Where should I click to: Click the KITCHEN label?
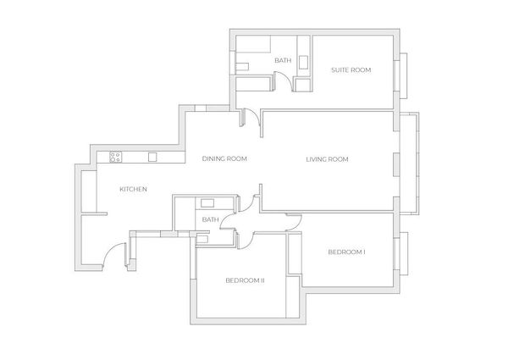coord(133,189)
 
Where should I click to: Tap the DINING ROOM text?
coord(224,159)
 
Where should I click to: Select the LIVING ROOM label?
coord(327,159)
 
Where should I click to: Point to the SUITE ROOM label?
coord(351,69)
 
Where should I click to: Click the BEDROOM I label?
coord(346,252)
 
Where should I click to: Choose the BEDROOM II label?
coord(246,280)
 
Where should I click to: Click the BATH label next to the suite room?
coord(283,61)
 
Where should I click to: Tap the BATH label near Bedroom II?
coord(211,220)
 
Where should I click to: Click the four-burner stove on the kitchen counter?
coord(114,157)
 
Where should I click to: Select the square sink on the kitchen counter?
coord(153,157)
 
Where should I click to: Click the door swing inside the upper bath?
coord(284,81)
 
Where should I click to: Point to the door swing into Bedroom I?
coord(294,222)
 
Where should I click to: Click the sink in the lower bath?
coord(206,203)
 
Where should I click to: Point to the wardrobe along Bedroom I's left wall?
coord(295,254)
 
